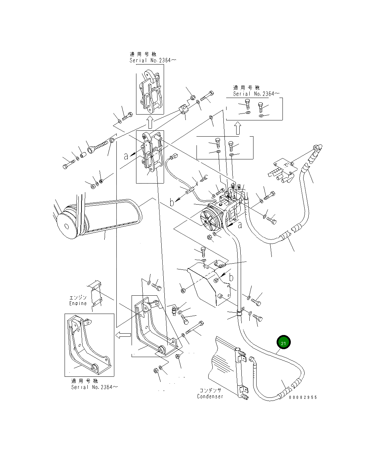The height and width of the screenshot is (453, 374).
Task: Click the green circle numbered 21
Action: click(x=284, y=343)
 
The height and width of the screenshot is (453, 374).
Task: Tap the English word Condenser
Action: click(x=210, y=396)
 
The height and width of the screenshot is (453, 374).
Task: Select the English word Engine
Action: click(x=78, y=303)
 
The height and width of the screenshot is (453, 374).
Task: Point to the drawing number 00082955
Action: click(x=303, y=397)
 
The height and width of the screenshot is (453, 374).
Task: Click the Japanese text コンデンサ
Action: click(x=210, y=390)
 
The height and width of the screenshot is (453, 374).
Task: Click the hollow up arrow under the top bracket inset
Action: click(x=150, y=122)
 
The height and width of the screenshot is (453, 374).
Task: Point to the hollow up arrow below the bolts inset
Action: click(x=238, y=128)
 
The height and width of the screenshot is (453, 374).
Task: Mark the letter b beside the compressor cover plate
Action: click(x=231, y=278)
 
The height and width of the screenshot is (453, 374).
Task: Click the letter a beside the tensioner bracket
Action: click(x=126, y=156)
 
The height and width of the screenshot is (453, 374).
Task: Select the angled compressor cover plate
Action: click(x=207, y=283)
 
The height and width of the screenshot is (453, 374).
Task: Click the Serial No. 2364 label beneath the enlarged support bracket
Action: click(x=94, y=387)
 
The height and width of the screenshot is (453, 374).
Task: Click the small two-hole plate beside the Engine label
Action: click(x=96, y=293)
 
